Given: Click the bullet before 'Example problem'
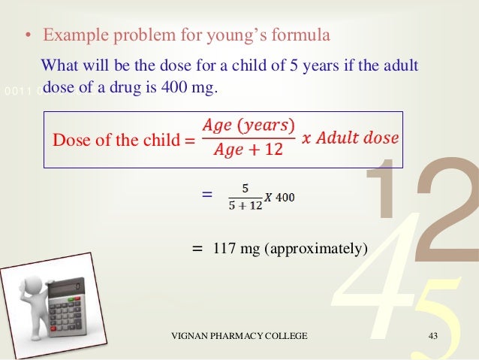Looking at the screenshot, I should [x=26, y=38].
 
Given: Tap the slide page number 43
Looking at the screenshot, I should [x=432, y=335].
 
